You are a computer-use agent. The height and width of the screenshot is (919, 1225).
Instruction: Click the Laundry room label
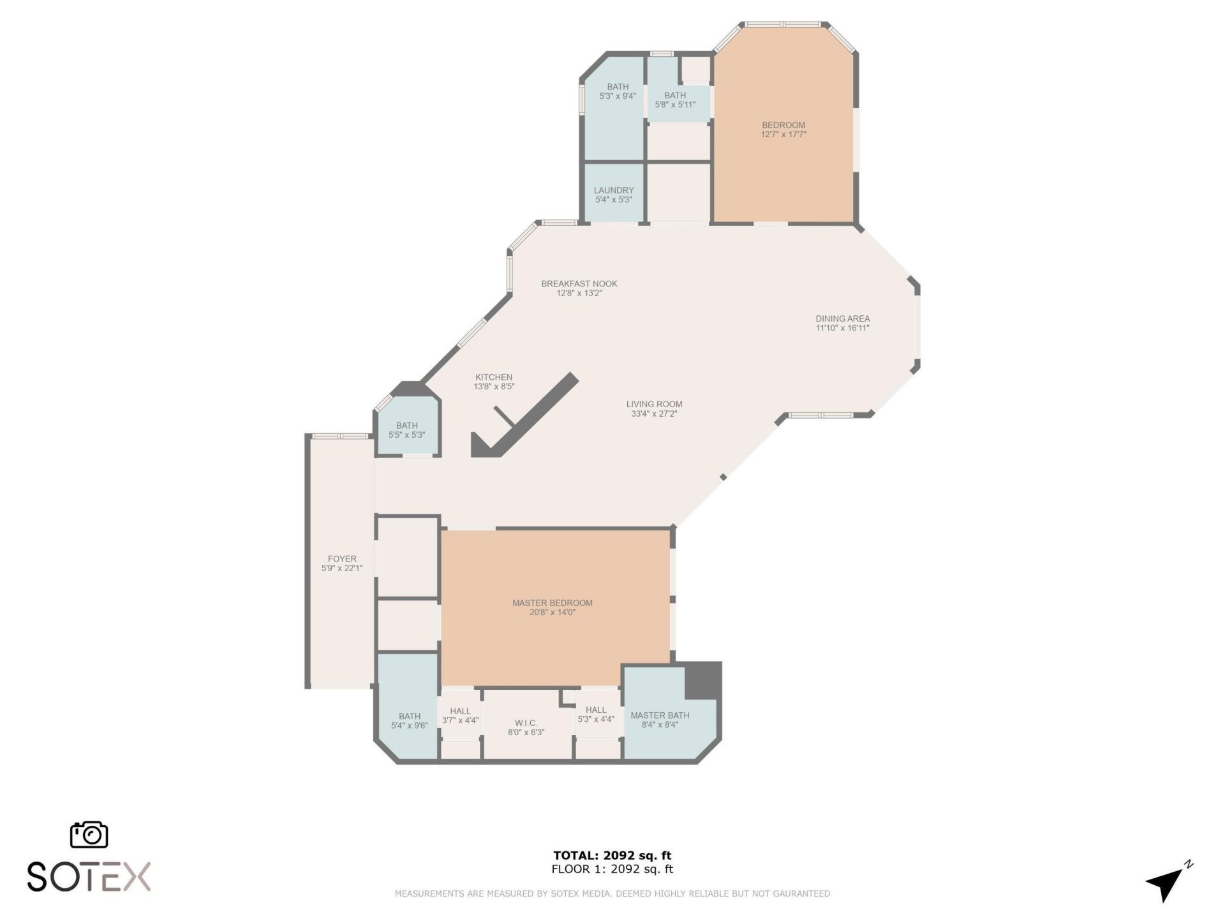point(614,190)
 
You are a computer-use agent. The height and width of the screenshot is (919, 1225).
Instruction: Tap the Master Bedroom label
point(553,602)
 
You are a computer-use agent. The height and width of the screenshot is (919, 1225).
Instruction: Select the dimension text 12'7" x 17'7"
point(783,135)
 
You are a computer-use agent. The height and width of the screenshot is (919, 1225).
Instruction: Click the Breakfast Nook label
point(579,284)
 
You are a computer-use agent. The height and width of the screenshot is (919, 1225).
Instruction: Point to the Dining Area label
point(842,318)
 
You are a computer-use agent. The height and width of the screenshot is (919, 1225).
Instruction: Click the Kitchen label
point(494,377)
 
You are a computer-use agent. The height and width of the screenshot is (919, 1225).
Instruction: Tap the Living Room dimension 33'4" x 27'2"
point(654,414)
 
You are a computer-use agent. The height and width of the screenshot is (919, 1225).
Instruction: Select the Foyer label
point(342,558)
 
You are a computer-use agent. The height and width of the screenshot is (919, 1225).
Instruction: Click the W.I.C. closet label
point(526,723)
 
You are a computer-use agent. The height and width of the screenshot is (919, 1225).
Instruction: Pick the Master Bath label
point(660,715)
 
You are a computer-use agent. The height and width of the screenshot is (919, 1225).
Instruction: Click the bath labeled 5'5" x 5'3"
point(407,430)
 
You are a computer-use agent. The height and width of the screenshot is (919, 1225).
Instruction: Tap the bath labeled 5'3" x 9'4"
point(618,91)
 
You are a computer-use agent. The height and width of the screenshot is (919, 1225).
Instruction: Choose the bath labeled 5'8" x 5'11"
point(675,100)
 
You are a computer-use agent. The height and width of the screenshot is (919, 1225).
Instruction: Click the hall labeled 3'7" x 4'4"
point(460,715)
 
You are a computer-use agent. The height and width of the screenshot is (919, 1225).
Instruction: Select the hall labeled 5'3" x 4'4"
point(596,714)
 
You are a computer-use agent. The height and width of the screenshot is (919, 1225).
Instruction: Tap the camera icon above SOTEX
point(89,835)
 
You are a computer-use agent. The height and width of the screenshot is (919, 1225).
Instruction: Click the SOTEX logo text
point(89,877)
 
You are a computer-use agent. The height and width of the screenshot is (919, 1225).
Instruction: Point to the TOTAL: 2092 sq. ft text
point(612,855)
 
